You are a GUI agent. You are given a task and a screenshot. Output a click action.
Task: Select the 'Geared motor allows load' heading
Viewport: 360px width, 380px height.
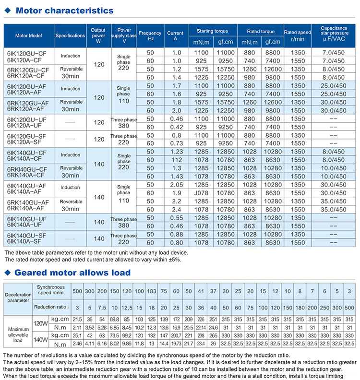[x=72, y=273]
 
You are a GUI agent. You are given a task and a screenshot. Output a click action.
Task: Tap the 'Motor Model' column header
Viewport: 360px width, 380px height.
[x=29, y=36]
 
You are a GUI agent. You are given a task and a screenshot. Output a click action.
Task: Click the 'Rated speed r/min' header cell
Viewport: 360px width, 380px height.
[x=298, y=36]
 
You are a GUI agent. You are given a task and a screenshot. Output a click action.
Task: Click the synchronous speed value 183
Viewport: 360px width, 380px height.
[x=152, y=292]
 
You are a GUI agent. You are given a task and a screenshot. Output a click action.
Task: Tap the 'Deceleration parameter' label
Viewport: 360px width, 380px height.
[x=17, y=298]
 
